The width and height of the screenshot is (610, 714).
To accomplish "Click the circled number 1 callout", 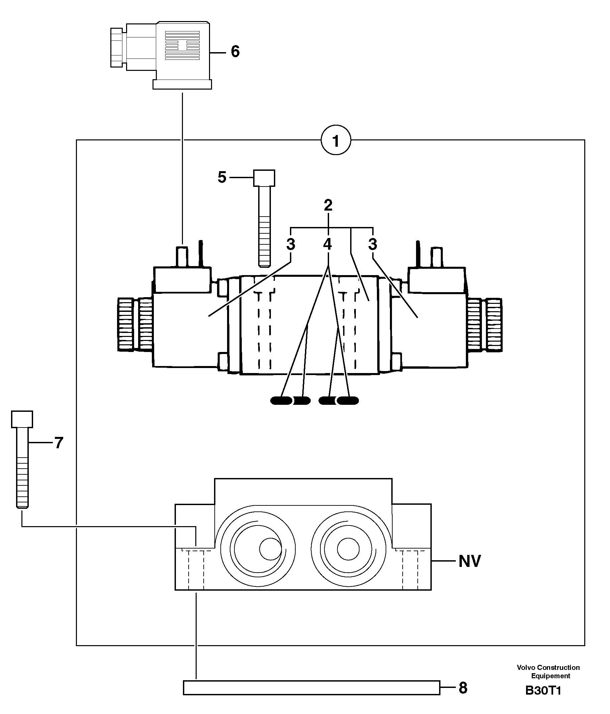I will pyautogui.click(x=335, y=140).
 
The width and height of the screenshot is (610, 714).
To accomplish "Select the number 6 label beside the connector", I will pyautogui.click(x=235, y=52).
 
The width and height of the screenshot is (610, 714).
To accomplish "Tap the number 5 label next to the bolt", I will pyautogui.click(x=222, y=177).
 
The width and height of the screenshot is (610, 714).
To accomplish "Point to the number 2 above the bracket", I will pyautogui.click(x=328, y=205).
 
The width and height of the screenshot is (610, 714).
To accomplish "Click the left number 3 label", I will pyautogui.click(x=291, y=244).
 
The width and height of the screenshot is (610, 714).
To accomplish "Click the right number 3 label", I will pyautogui.click(x=373, y=244).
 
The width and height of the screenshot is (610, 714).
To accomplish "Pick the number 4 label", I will pyautogui.click(x=327, y=244).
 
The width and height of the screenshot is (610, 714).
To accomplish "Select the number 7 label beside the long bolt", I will pyautogui.click(x=59, y=443).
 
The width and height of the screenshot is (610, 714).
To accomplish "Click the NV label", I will pyautogui.click(x=469, y=561).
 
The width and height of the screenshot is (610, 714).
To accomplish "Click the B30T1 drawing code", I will pyautogui.click(x=543, y=691).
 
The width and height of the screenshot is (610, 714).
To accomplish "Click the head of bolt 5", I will pyautogui.click(x=264, y=178).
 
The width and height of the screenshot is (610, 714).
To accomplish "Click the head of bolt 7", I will pyautogui.click(x=22, y=419).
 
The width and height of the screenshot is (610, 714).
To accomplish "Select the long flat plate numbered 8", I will pyautogui.click(x=311, y=688).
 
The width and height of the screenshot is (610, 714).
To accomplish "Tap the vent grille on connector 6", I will pyautogui.click(x=182, y=45).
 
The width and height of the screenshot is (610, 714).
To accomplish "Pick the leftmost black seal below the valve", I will pyautogui.click(x=281, y=400).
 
